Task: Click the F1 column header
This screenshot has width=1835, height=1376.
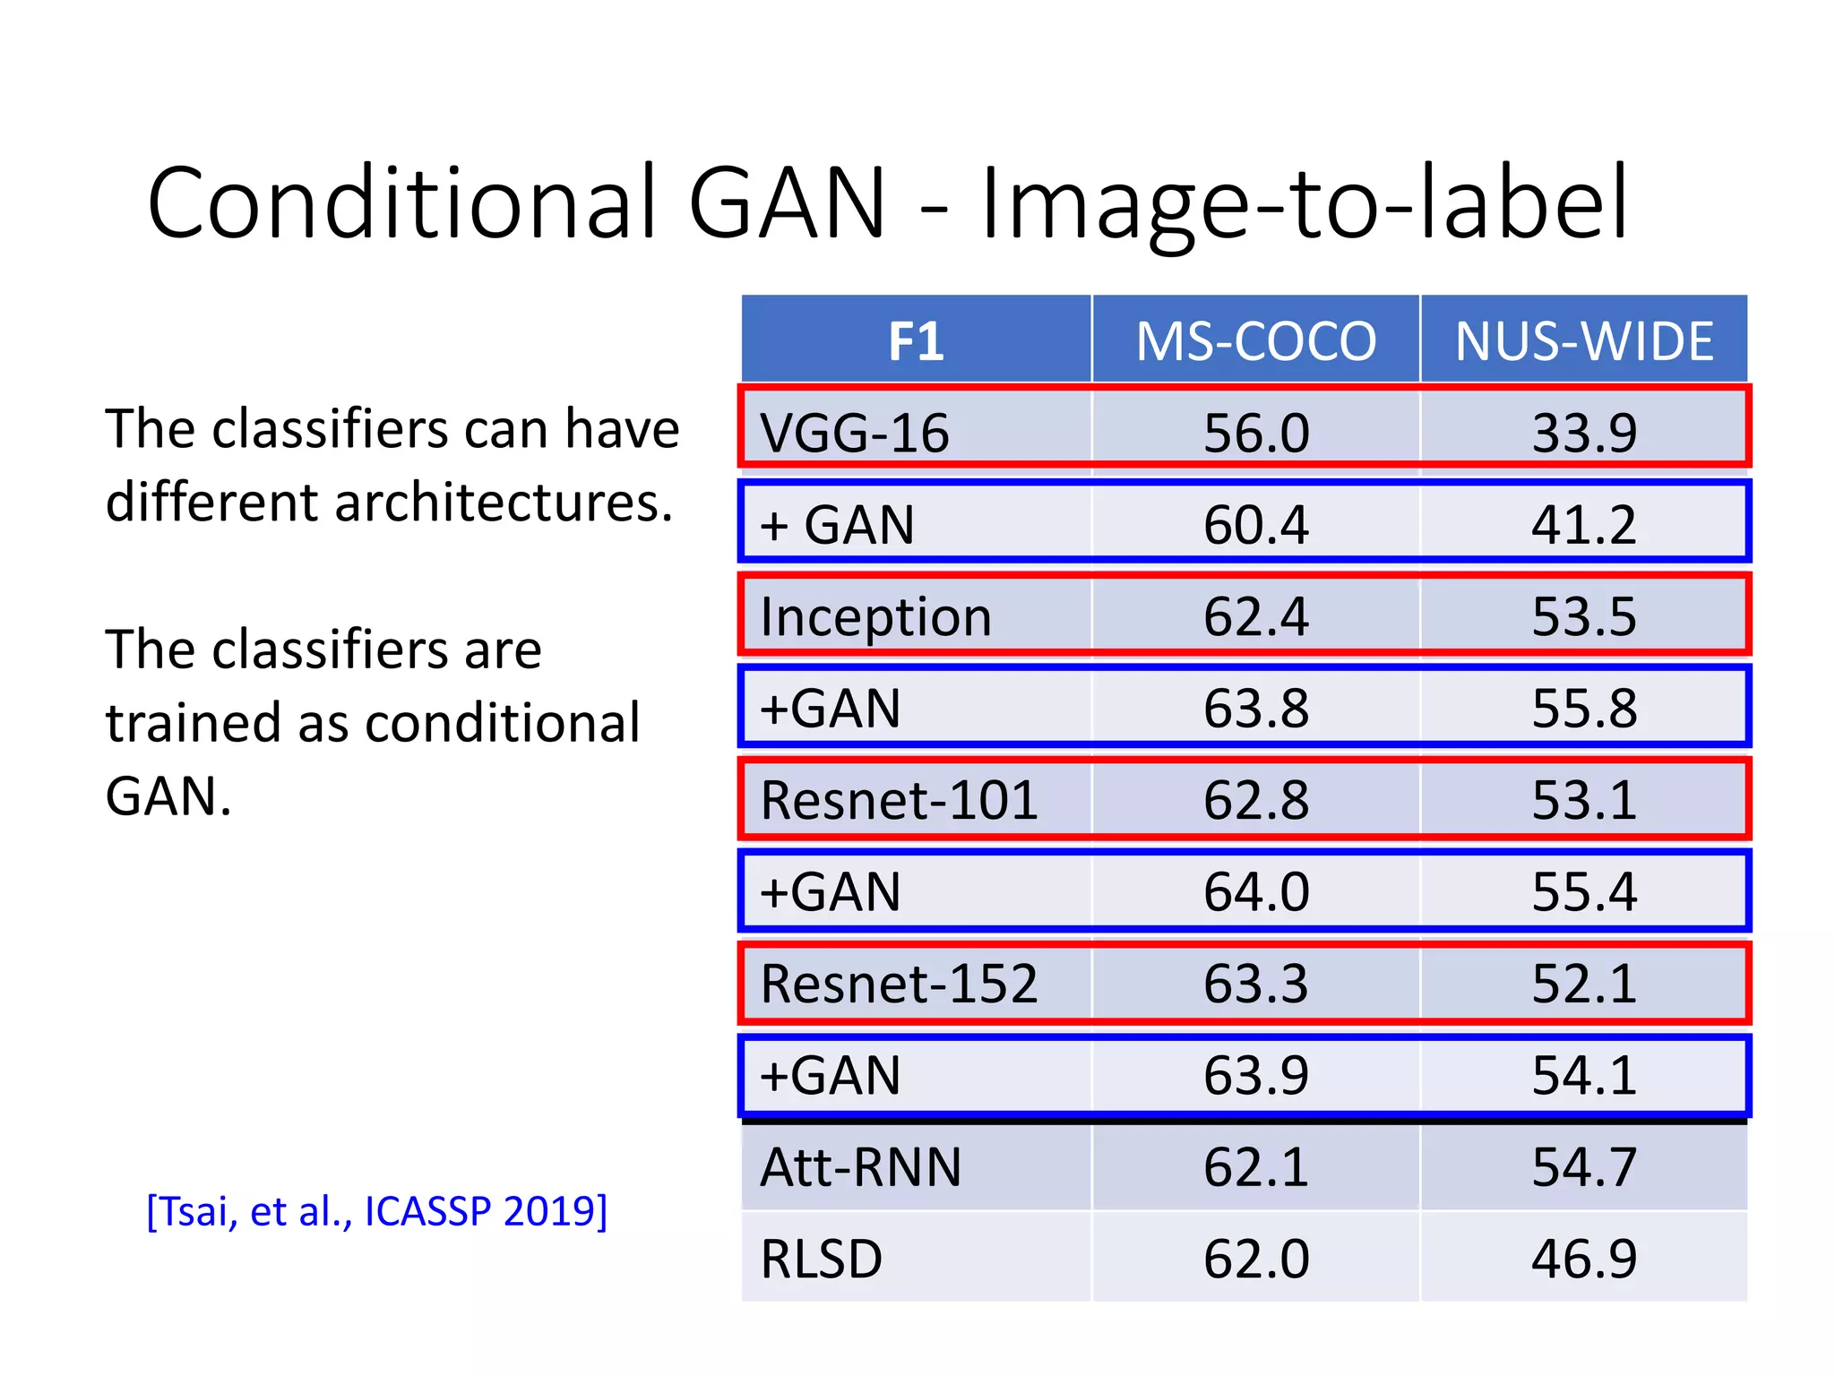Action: tap(916, 341)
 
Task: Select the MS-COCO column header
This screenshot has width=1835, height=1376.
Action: tap(1255, 341)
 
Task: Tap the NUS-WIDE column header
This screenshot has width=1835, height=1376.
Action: tap(1583, 341)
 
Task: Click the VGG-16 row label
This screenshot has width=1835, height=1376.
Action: tap(855, 433)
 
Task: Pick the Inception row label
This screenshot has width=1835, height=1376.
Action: tap(875, 617)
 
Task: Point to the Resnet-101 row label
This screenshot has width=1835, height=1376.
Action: tap(899, 800)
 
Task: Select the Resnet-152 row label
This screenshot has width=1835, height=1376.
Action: tap(899, 984)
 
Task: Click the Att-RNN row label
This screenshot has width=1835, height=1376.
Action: tap(860, 1167)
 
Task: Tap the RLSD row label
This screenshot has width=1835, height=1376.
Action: tap(821, 1259)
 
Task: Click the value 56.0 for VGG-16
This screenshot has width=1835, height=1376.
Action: tap(1255, 433)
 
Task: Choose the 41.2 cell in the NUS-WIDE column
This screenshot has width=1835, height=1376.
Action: tap(1583, 525)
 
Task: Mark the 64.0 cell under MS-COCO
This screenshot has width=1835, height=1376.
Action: tap(1255, 892)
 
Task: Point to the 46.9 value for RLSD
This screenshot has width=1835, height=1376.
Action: tap(1583, 1259)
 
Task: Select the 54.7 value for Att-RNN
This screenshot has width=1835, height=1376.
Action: tap(1583, 1167)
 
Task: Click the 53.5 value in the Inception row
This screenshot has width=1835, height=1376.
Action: tap(1583, 617)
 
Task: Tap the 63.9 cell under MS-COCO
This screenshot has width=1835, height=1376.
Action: tap(1255, 1075)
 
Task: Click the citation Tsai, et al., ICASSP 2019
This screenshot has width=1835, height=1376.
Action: tap(376, 1211)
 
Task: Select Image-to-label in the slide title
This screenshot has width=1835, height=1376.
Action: tap(1305, 204)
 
